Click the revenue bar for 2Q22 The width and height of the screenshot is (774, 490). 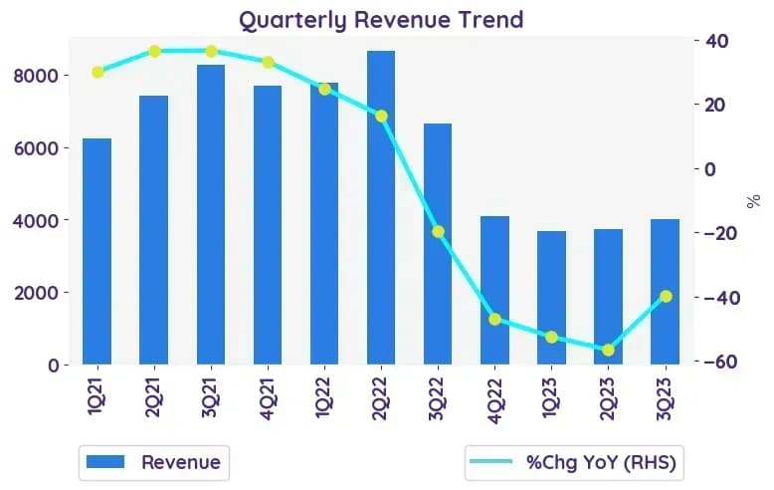(381, 207)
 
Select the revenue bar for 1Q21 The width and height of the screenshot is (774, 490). (97, 251)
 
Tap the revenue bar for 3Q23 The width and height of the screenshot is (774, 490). (666, 292)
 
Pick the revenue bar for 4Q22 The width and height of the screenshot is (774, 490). (495, 291)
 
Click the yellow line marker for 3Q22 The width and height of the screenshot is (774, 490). (439, 232)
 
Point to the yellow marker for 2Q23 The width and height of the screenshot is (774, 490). (608, 351)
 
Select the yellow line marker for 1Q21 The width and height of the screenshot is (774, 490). (97, 73)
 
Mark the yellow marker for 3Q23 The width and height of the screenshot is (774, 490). (666, 297)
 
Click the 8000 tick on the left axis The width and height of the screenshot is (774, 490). (36, 76)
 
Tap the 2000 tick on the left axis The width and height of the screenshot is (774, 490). (36, 293)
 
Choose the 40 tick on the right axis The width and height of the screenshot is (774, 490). (716, 41)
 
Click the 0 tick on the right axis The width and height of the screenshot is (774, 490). (710, 169)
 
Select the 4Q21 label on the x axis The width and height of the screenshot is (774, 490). (267, 398)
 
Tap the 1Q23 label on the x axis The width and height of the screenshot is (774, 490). (550, 397)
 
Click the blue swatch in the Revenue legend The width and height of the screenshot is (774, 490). (105, 462)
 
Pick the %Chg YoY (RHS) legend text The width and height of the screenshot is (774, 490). (601, 463)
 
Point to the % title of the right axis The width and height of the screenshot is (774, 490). (753, 201)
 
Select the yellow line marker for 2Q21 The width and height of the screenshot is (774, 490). (154, 52)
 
